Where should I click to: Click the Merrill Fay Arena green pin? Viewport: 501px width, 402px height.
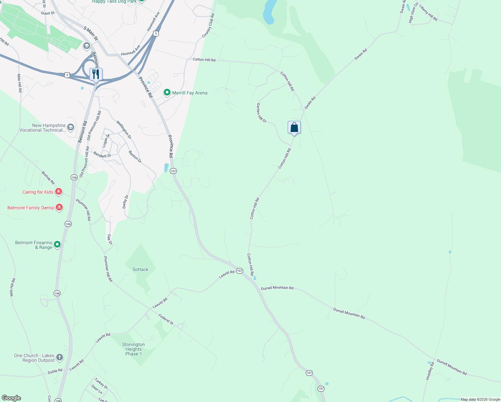167,92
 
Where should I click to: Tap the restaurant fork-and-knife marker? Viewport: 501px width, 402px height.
96,74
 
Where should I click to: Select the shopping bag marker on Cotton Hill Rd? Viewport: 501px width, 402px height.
294,128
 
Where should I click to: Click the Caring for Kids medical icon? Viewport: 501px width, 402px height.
59,192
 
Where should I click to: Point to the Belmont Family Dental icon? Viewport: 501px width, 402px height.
59,208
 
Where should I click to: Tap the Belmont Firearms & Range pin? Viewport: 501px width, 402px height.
57,245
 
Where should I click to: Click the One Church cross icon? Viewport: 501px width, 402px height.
60,358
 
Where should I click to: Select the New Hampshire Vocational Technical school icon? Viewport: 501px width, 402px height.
70,127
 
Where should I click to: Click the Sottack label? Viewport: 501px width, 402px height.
140,269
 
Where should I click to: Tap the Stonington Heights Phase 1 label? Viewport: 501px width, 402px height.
134,349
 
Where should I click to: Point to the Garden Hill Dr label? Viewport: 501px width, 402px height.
261,113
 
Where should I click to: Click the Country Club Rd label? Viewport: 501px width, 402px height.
208,26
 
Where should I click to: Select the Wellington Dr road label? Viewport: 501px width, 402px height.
124,130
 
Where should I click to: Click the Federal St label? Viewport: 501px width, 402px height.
166,319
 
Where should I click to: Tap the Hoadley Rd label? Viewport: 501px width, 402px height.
430,371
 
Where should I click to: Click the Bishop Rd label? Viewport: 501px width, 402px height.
48,178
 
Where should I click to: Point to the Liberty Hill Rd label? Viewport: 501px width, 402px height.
428,13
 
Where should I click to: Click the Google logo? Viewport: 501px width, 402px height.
11,398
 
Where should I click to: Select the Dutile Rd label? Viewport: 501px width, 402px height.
55,371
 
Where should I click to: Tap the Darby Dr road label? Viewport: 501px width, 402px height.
125,202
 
